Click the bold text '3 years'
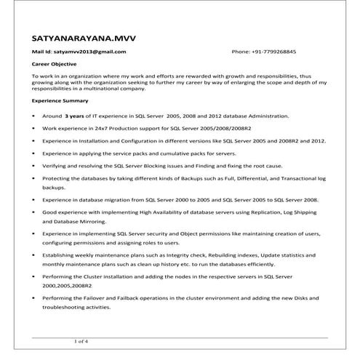click(76, 116)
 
